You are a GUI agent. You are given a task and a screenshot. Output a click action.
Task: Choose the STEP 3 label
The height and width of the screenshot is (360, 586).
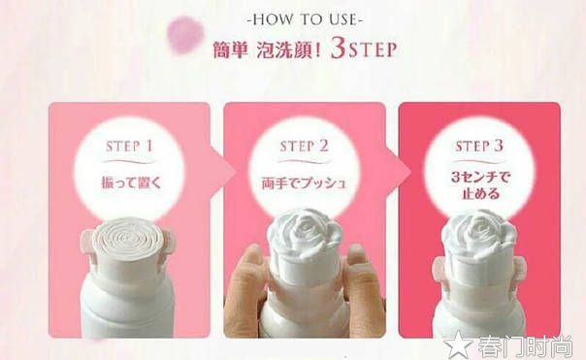click(x=479, y=147)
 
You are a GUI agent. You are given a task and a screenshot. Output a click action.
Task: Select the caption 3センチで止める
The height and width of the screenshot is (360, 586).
click(x=479, y=186)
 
